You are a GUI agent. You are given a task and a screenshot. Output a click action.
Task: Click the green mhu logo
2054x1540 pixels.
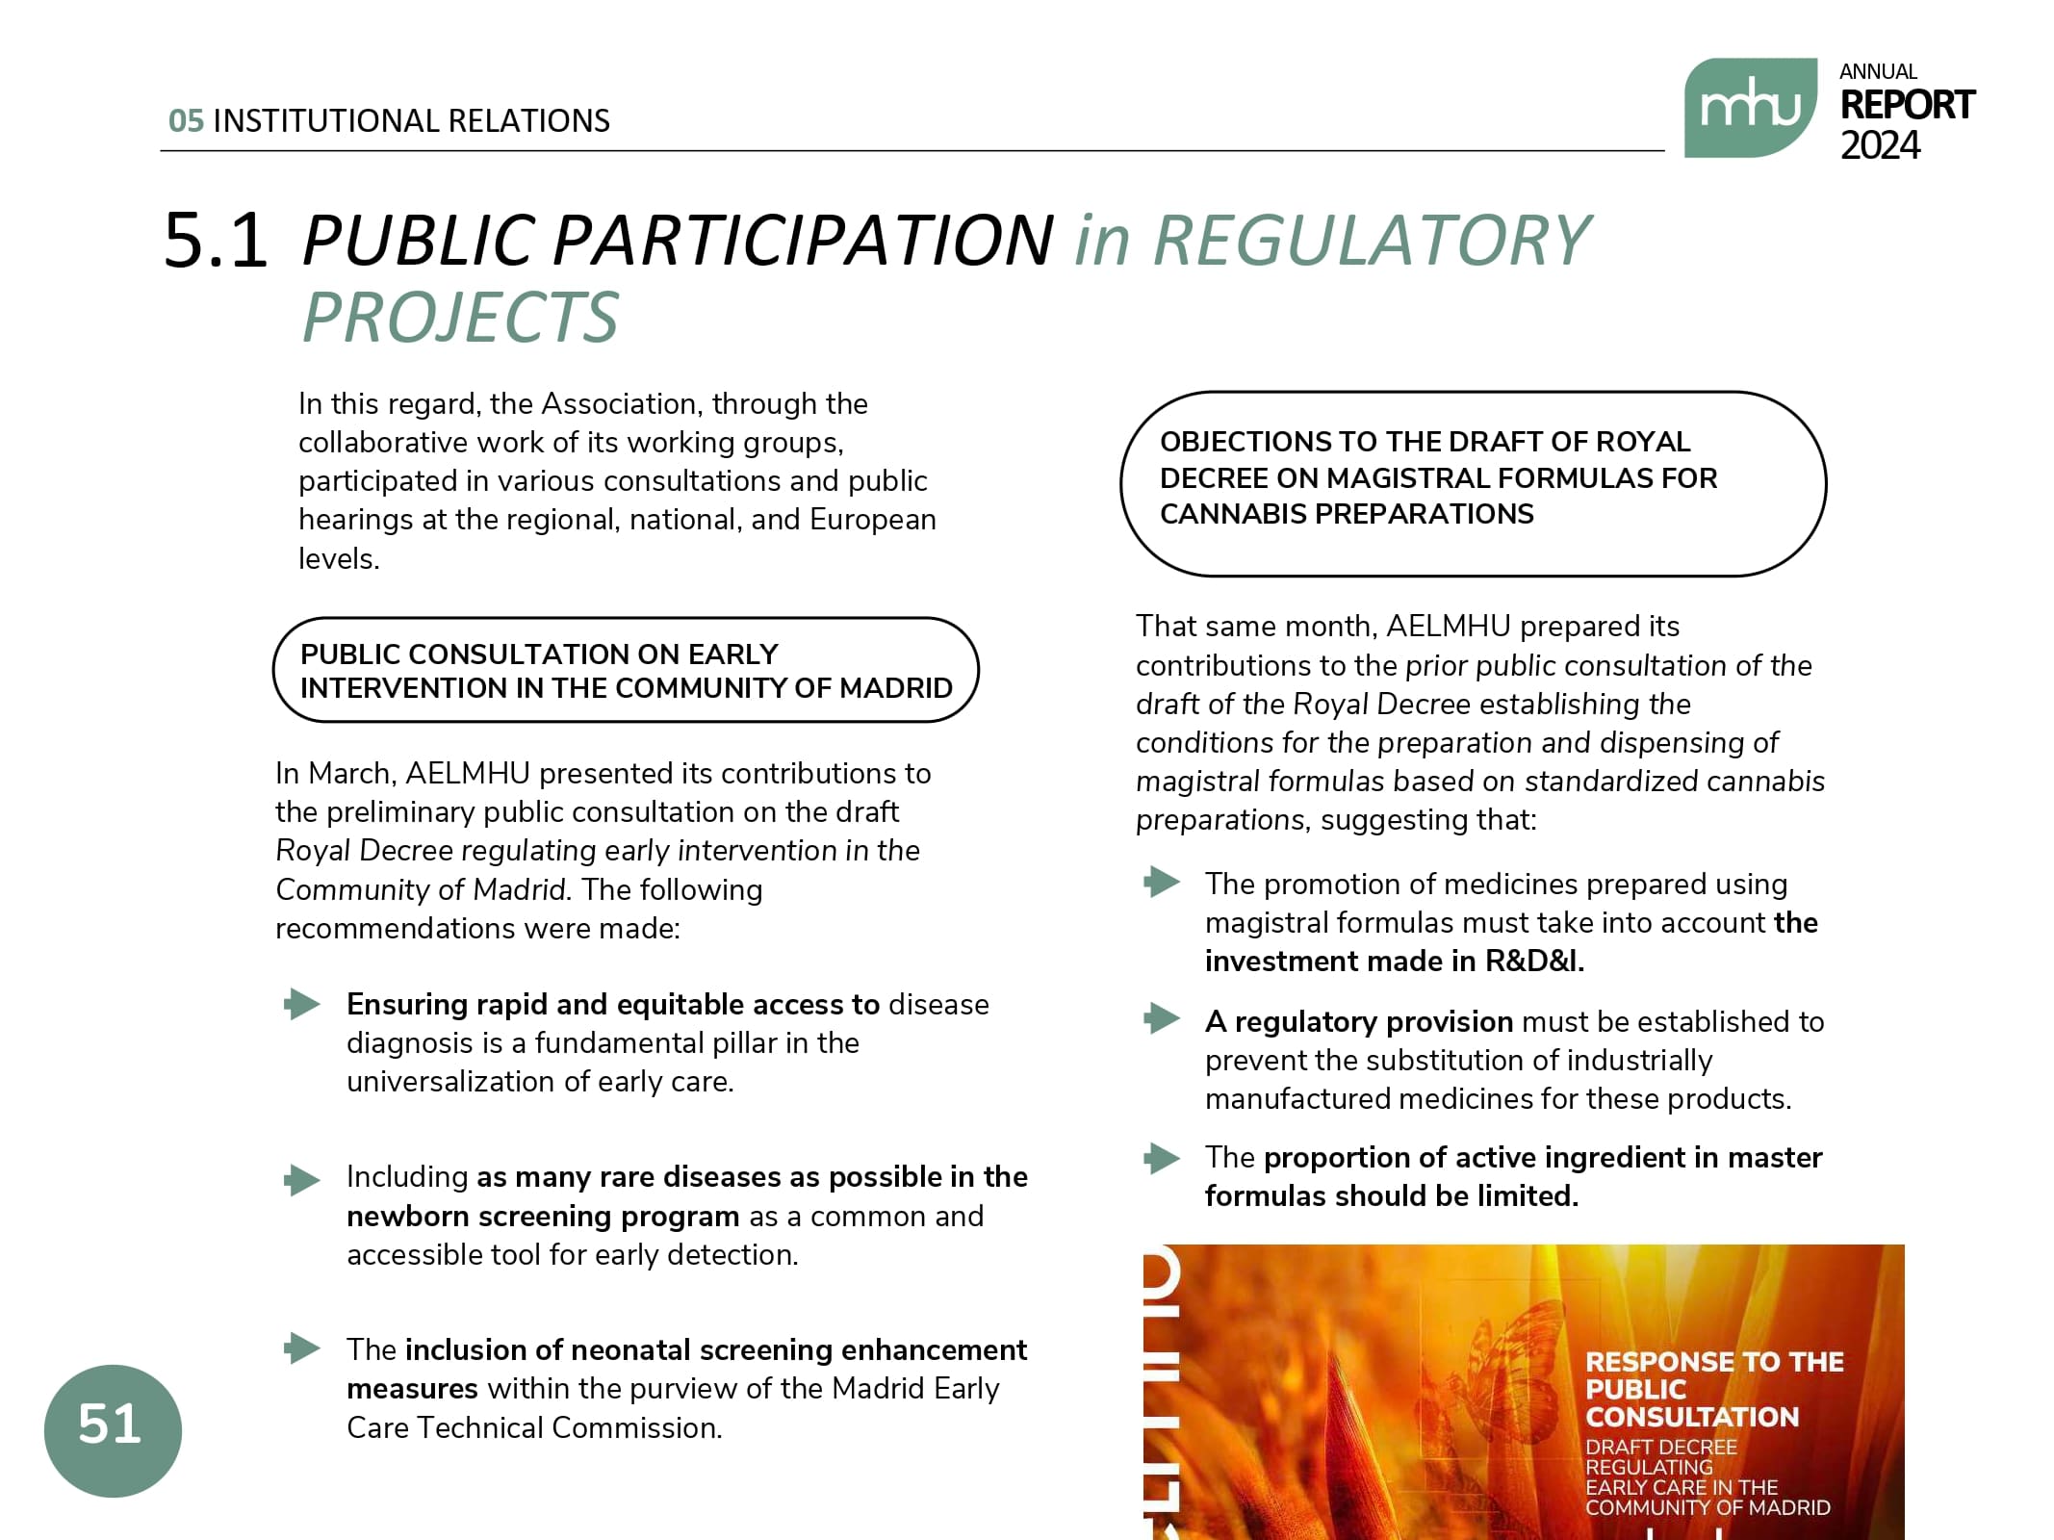pos(1749,108)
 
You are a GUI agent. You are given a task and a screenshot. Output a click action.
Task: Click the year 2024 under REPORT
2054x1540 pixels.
pos(1879,146)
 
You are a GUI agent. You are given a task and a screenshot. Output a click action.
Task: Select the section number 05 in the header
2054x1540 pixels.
pos(186,121)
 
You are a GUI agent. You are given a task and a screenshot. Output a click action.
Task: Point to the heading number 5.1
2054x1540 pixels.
pos(216,240)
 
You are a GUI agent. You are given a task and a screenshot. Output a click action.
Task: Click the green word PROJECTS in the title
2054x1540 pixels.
pos(460,318)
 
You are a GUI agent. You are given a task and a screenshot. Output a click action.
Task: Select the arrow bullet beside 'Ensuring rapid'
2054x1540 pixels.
pos(302,1004)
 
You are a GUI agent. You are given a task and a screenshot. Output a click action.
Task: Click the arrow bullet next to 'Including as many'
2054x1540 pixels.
pos(302,1179)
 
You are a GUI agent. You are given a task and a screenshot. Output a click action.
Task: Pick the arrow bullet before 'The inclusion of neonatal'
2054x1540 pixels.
pos(302,1348)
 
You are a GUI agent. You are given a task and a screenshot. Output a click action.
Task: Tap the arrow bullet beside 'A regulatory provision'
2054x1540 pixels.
pos(1162,1018)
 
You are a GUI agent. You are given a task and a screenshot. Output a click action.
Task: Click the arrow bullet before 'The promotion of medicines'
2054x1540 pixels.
pos(1162,882)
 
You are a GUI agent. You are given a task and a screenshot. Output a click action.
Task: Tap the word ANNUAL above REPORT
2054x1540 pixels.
pos(1877,72)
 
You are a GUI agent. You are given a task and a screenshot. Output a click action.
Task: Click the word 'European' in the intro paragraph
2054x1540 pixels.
pos(872,520)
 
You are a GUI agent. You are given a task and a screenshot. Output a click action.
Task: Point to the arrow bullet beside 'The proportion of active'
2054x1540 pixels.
pos(1162,1158)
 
